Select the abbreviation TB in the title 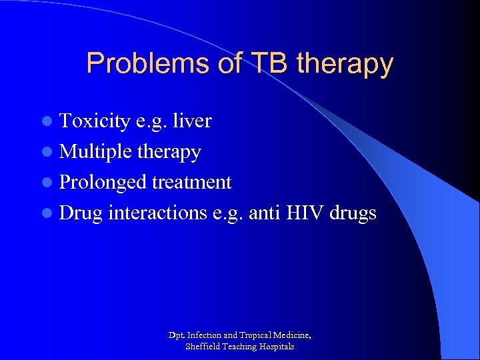tap(269, 64)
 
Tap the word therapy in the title tap(345, 65)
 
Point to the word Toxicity tap(95, 121)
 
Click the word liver tap(192, 121)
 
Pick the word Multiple tap(96, 152)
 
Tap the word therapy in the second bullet tap(169, 153)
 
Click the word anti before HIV tap(266, 213)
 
